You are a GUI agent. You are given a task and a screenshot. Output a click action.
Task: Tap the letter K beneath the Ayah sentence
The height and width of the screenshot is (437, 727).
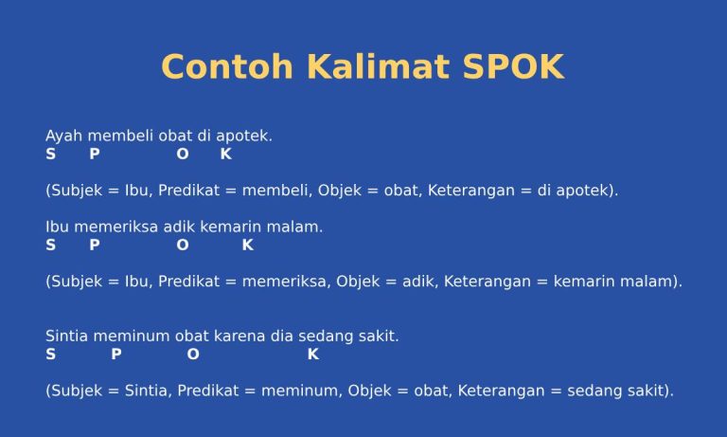click(225, 154)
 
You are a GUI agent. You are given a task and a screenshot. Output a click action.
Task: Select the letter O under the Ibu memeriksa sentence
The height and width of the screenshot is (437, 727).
click(182, 246)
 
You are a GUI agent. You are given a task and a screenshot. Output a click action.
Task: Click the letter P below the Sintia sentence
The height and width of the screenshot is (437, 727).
click(115, 355)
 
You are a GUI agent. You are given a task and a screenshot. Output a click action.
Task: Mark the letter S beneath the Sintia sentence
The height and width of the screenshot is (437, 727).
click(50, 355)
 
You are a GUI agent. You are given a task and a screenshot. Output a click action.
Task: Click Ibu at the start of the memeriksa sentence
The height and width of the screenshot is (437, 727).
click(56, 228)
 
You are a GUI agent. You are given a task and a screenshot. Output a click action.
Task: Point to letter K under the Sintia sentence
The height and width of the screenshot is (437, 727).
click(313, 355)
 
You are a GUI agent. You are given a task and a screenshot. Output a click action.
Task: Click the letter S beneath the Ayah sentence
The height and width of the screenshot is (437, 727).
click(50, 154)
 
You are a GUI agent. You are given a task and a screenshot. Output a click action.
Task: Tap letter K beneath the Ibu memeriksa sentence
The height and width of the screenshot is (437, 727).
click(247, 246)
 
